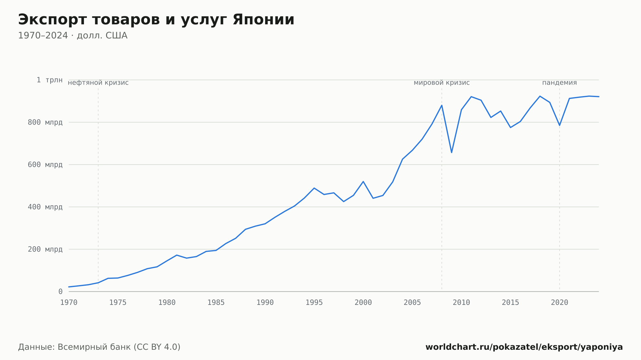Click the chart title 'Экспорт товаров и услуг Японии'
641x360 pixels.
[x=156, y=20]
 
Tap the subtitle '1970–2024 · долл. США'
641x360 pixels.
[x=73, y=36]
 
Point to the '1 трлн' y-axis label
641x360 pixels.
[x=49, y=80]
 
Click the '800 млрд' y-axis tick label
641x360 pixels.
[x=45, y=122]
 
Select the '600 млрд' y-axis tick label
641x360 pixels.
[x=45, y=165]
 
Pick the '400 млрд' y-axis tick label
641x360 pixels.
[x=45, y=207]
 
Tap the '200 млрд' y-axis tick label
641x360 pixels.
[x=45, y=249]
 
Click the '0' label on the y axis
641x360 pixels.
[x=60, y=291]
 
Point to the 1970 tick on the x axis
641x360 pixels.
[x=69, y=303]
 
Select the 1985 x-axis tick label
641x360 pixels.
[x=216, y=303]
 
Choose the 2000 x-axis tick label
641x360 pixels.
[x=363, y=303]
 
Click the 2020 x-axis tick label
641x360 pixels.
[x=560, y=303]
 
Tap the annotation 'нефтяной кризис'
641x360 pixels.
[x=98, y=83]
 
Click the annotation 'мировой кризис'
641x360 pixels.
[x=442, y=83]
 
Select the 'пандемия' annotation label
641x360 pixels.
[x=560, y=83]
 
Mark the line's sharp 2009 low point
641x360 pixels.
[x=452, y=152]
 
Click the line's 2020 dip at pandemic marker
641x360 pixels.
[x=560, y=125]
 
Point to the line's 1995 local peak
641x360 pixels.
[x=314, y=188]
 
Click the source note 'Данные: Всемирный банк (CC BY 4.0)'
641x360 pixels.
[x=99, y=347]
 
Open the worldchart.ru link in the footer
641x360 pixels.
[x=524, y=347]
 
